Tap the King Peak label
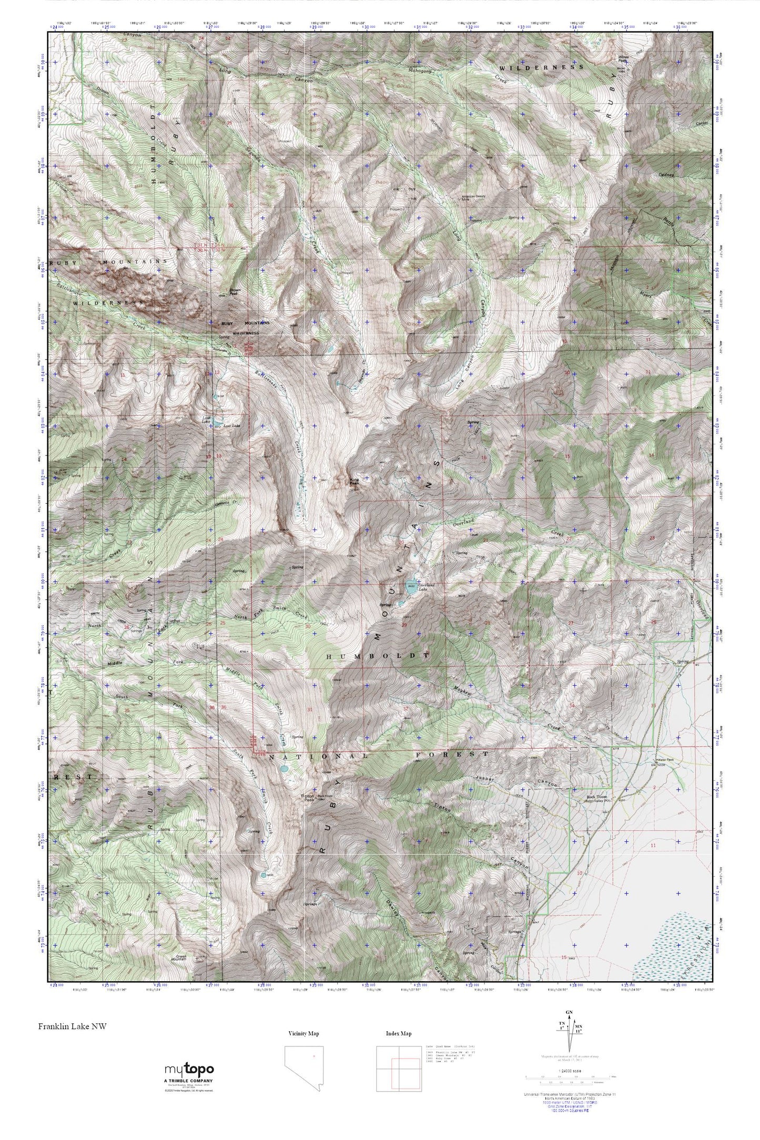point(355,481)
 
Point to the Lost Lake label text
point(232,425)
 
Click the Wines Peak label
point(623,59)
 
